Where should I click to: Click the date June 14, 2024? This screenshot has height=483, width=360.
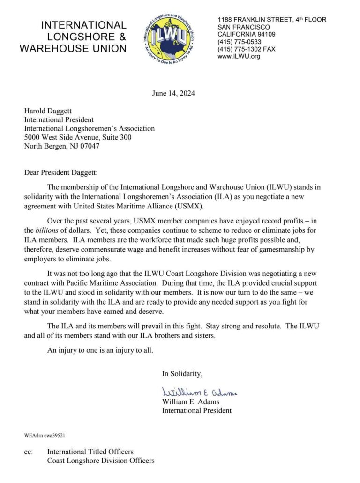pos(173,93)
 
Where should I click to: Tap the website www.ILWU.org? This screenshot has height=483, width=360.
pos(239,57)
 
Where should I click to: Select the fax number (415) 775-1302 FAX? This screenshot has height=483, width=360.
pos(247,49)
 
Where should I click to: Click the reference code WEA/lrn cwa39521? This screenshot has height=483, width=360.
pos(45,435)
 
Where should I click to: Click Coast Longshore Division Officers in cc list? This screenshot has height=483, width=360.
pos(100,461)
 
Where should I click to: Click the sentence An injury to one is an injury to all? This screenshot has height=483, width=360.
pos(100,350)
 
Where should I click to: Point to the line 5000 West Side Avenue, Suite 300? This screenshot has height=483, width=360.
pos(78,137)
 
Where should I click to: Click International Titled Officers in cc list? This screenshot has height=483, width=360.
pos(90,452)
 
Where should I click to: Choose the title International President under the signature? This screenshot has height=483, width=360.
pos(196,410)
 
